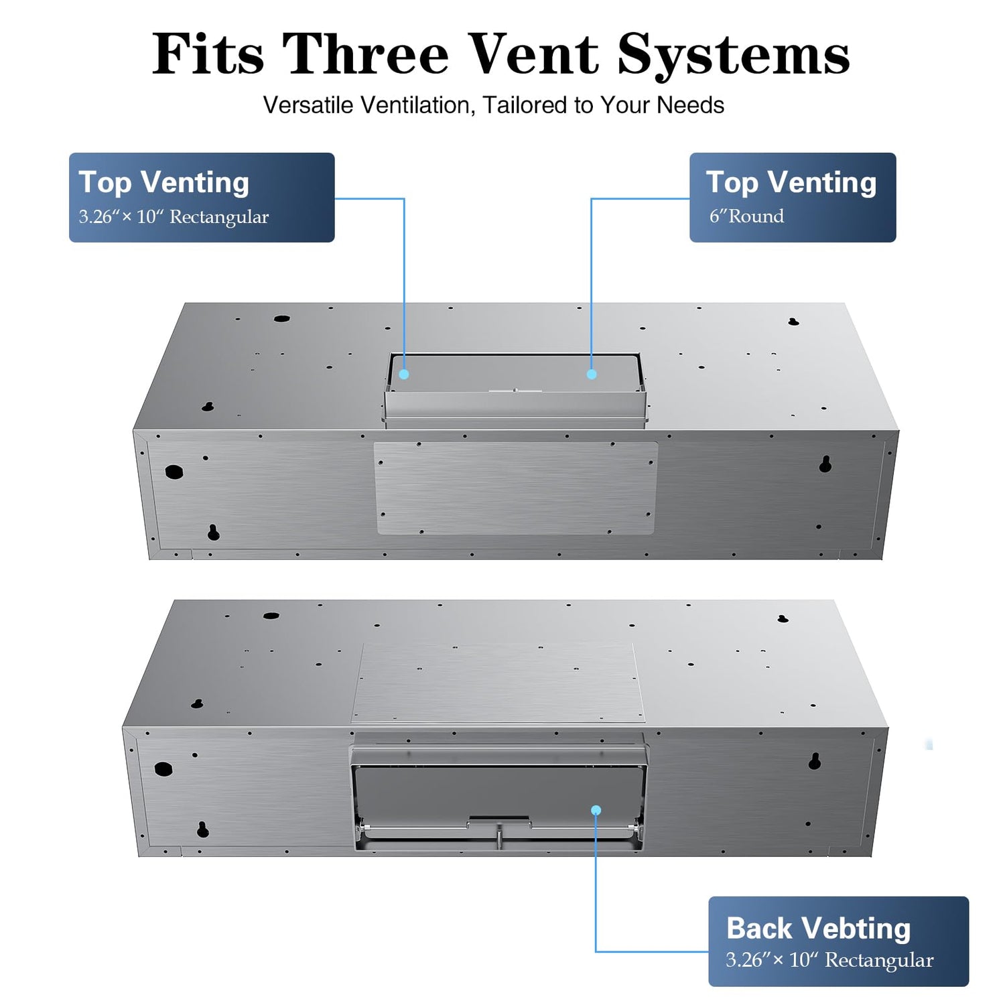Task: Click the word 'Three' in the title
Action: click(365, 55)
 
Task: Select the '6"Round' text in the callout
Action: click(746, 216)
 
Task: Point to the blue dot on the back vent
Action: click(596, 810)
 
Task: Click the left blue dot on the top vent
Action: click(404, 374)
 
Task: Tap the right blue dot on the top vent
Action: click(592, 374)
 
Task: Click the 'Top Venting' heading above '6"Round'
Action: click(791, 182)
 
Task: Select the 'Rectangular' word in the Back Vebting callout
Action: click(879, 960)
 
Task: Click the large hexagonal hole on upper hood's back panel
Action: click(174, 472)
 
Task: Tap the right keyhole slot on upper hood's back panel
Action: click(825, 464)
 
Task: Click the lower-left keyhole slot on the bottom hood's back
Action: click(203, 829)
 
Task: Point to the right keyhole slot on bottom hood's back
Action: click(815, 760)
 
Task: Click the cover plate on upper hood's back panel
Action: click(515, 488)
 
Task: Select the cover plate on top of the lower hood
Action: click(498, 683)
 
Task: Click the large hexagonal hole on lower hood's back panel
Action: click(163, 768)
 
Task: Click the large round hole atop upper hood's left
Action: click(281, 319)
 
